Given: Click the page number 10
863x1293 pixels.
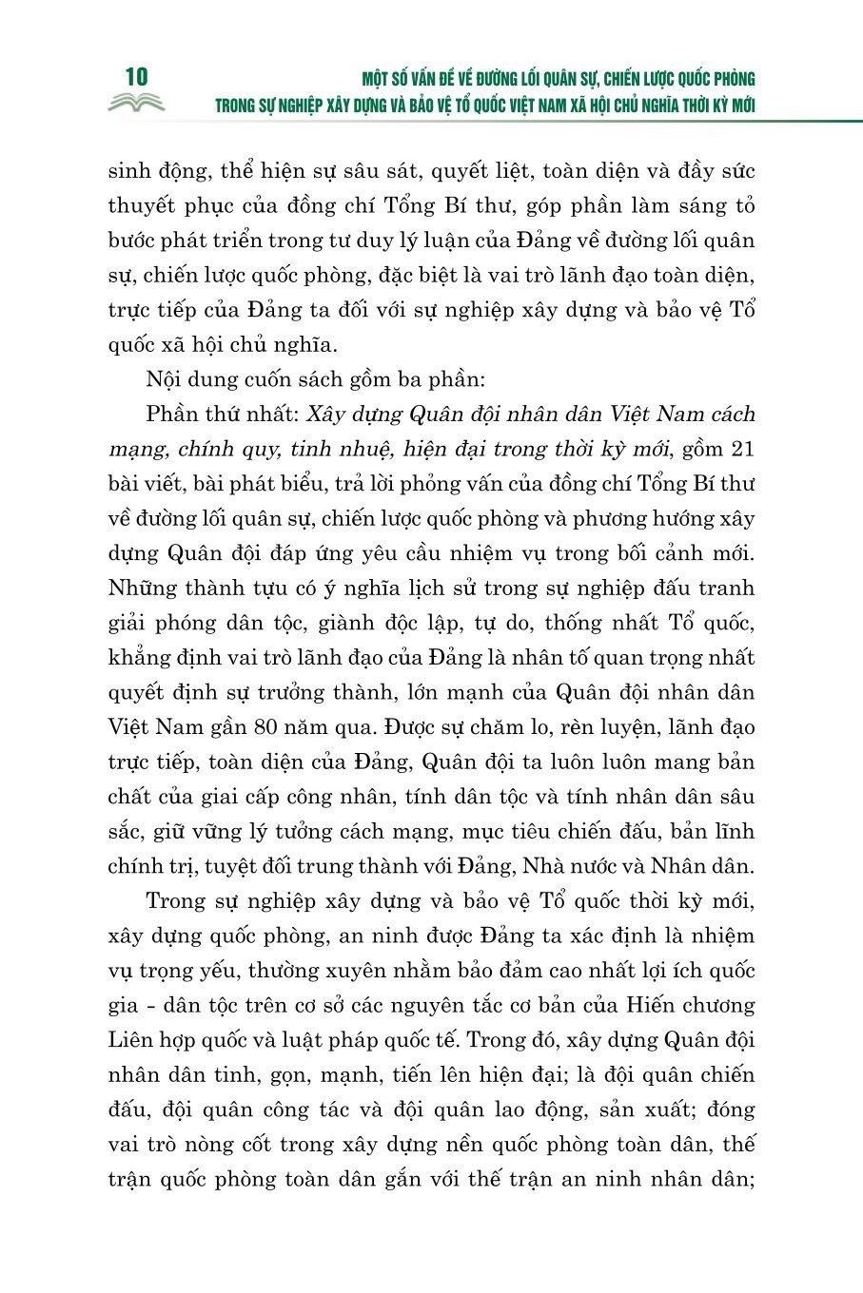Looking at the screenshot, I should coord(135,77).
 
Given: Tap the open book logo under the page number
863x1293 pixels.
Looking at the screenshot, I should coord(135,103).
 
